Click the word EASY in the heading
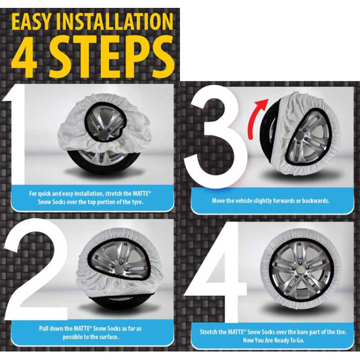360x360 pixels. [x=31, y=22]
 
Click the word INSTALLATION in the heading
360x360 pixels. [x=114, y=22]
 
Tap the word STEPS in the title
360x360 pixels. [x=111, y=56]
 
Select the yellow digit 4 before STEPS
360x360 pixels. [x=24, y=56]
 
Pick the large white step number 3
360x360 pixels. [x=216, y=137]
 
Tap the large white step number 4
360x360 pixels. [x=215, y=272]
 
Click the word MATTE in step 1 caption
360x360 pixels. [x=140, y=194]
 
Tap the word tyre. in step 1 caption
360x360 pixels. [x=137, y=202]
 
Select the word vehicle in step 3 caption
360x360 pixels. [x=243, y=201]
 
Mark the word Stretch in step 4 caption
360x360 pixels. [x=208, y=332]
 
